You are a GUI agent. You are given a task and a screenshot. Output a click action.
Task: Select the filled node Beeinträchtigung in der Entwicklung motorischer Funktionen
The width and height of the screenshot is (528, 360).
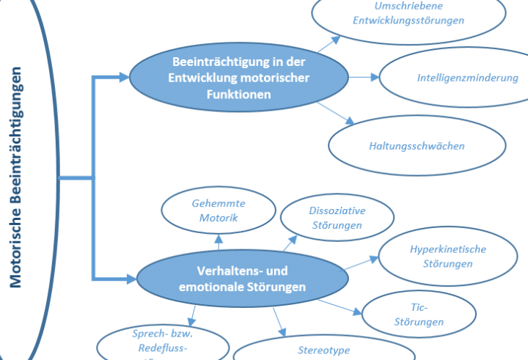pos(239,77)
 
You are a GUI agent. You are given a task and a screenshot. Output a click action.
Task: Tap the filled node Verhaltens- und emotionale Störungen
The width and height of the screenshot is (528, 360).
pos(241,278)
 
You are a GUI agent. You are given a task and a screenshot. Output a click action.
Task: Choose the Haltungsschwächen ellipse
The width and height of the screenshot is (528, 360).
pos(417,145)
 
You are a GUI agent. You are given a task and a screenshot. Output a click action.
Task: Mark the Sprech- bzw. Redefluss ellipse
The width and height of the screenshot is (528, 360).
pos(158,342)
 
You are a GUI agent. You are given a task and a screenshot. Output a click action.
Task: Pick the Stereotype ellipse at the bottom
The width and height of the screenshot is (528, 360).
pos(323,350)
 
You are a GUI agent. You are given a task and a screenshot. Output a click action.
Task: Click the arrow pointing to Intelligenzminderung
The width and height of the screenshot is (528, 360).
pos(364,76)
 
